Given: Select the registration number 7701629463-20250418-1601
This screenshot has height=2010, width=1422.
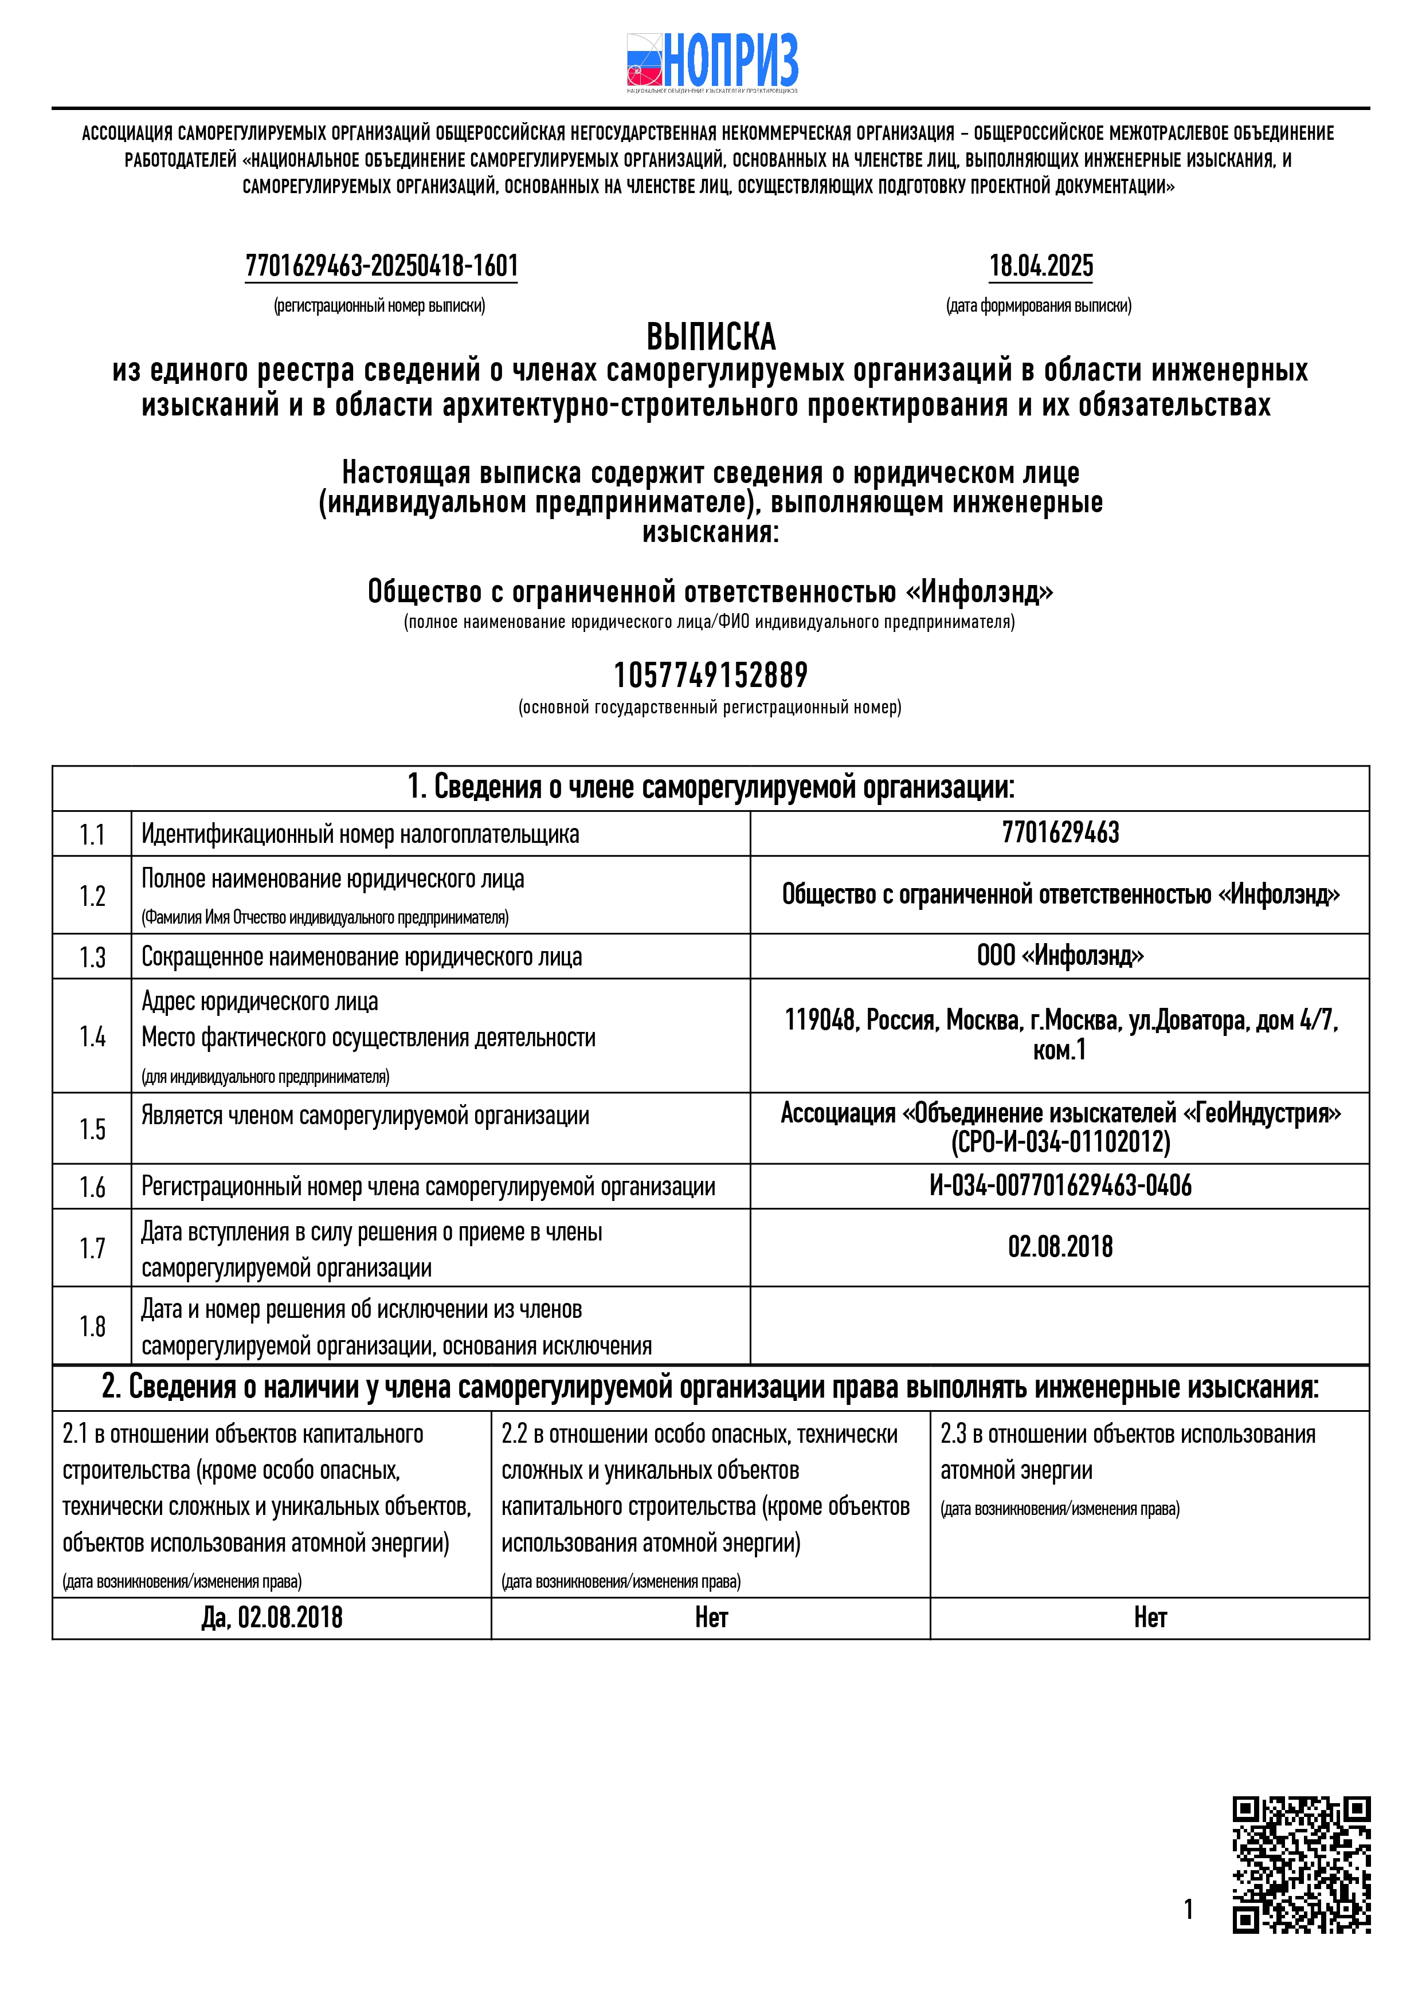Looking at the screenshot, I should coord(382,265).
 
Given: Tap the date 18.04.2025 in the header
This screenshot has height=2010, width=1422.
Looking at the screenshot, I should coord(1040,265).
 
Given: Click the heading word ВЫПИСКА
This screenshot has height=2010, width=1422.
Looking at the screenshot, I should coord(710,337).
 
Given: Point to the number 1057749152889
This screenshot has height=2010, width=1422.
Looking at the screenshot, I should coord(710,675).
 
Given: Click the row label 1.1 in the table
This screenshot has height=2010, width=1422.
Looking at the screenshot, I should coord(92,834).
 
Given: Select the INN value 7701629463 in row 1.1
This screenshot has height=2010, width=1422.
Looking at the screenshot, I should coord(1060,833).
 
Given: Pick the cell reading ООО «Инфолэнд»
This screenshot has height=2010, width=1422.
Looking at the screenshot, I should coord(1060,955).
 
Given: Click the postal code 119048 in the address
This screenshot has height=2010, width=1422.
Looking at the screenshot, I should coord(820,1020).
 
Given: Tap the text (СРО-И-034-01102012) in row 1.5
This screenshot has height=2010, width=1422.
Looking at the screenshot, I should coord(1060,1141).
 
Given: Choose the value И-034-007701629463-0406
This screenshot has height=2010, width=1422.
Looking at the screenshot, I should coord(1060,1185).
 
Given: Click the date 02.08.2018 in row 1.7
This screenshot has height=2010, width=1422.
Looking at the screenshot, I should coord(1060,1247).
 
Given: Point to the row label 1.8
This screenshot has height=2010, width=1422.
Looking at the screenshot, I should coord(92,1326).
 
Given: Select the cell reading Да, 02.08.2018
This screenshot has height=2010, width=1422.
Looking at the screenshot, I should coord(272,1617).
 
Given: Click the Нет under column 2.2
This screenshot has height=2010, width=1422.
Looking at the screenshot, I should coord(711,1617).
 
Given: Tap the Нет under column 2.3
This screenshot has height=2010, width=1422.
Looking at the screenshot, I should coord(1150,1617).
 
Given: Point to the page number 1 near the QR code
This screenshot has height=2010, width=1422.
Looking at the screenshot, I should coord(1188,1909).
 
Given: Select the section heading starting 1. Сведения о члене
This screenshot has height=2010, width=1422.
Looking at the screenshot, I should coord(710,787).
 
